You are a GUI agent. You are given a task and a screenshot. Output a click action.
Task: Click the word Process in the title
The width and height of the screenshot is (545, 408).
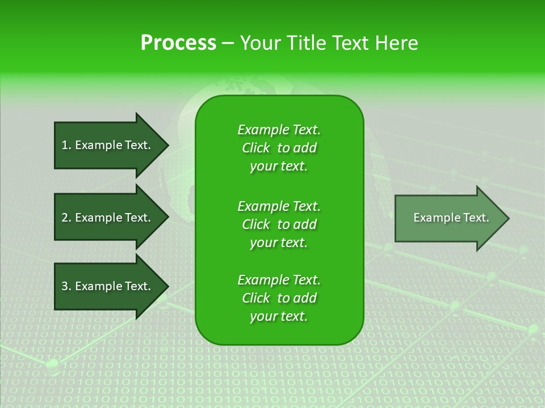click(x=178, y=42)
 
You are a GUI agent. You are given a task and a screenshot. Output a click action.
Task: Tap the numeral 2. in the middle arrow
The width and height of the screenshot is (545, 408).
click(x=66, y=218)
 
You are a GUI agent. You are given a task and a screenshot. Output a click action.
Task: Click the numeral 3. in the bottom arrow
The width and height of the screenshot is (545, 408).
click(x=66, y=286)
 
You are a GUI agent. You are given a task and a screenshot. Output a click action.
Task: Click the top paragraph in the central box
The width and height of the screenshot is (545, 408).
click(x=279, y=148)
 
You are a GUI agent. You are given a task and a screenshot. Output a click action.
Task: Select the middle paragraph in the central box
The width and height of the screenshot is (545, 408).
click(x=279, y=224)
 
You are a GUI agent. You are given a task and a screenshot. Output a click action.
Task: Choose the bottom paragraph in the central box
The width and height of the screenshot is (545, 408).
click(x=279, y=298)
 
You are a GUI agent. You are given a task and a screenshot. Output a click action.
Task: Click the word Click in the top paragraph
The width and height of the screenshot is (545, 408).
click(x=256, y=148)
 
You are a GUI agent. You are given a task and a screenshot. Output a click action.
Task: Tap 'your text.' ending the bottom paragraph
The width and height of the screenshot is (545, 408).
click(x=279, y=316)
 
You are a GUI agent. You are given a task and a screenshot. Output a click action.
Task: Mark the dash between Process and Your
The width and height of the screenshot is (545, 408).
click(x=228, y=43)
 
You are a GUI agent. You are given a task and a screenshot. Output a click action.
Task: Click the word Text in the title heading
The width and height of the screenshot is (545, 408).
click(x=349, y=42)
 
